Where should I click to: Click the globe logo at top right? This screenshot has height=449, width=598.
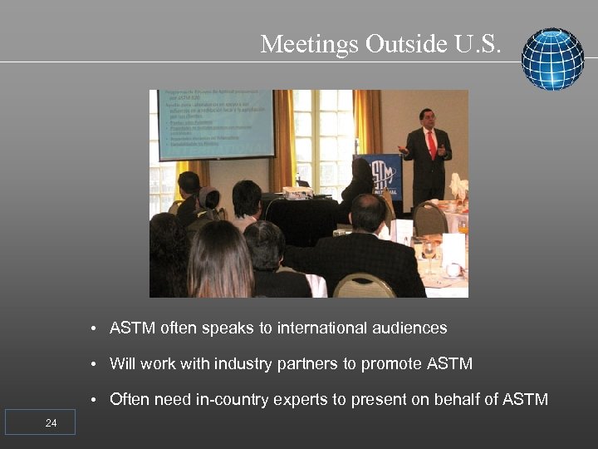click(x=552, y=59)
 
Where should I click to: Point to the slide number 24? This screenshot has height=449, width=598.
click(x=51, y=423)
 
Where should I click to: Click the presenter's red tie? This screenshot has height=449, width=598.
click(x=431, y=146)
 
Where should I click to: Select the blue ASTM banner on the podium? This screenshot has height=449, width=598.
click(x=385, y=178)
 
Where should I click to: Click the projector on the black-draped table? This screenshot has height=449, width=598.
click(x=297, y=192)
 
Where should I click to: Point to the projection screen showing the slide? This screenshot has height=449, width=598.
click(x=215, y=124)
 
